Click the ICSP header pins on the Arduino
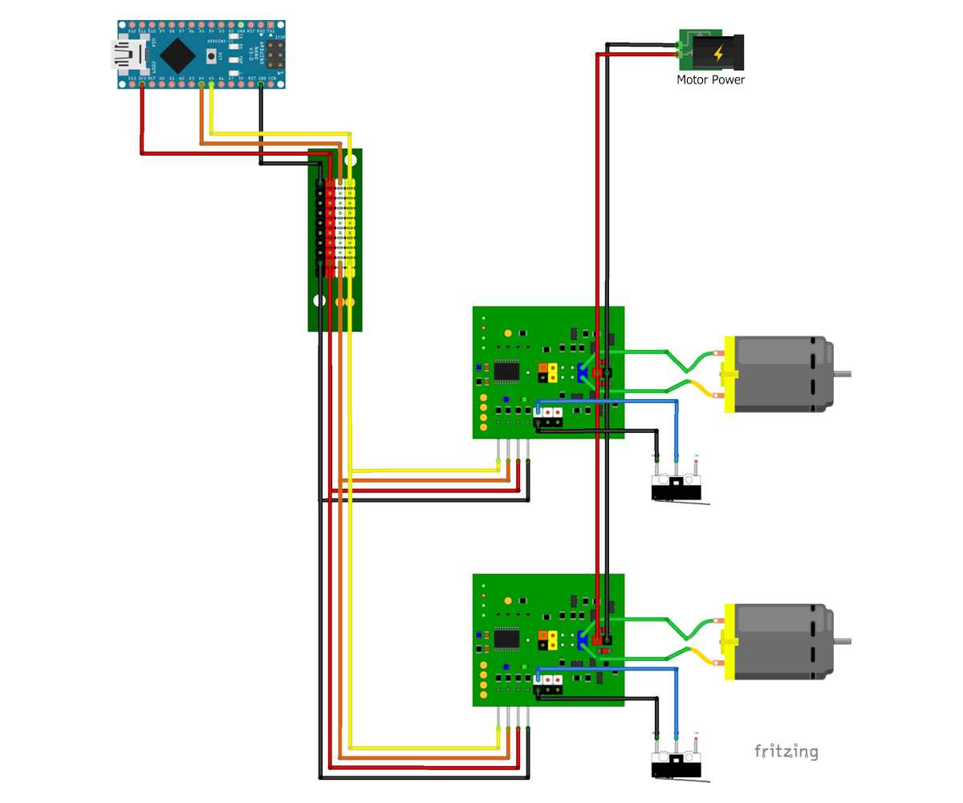[x=275, y=55]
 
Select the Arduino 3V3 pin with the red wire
[x=142, y=84]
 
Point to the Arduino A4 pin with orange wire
[x=201, y=84]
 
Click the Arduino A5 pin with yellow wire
[x=211, y=84]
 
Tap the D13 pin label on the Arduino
[x=132, y=79]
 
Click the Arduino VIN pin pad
[x=271, y=84]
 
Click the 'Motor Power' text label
[x=710, y=80]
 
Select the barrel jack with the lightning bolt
[x=718, y=53]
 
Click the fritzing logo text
[x=786, y=752]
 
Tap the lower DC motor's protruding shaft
[x=843, y=641]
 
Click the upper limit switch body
[x=677, y=486]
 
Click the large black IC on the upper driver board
[x=507, y=371]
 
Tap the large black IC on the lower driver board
[x=507, y=638]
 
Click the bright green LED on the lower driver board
[x=524, y=666]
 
